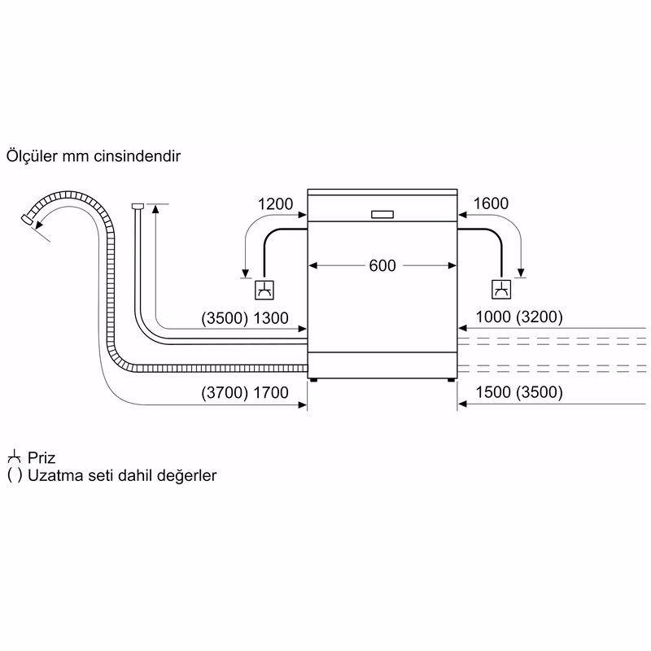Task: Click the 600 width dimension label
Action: pyautogui.click(x=382, y=265)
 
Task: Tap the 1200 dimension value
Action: pyautogui.click(x=275, y=204)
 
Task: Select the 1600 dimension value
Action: pyautogui.click(x=491, y=204)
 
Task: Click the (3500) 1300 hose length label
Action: pyautogui.click(x=244, y=318)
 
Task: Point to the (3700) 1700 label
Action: pyautogui.click(x=244, y=393)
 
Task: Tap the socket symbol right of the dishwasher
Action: pyautogui.click(x=501, y=289)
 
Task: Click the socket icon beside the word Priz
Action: pyautogui.click(x=13, y=457)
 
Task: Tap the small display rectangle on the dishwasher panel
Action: pyautogui.click(x=382, y=215)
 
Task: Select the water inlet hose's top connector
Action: pyautogui.click(x=138, y=206)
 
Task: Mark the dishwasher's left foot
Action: pyautogui.click(x=313, y=379)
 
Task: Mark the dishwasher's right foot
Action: pyautogui.click(x=450, y=379)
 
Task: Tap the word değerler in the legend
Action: pyautogui.click(x=188, y=476)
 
